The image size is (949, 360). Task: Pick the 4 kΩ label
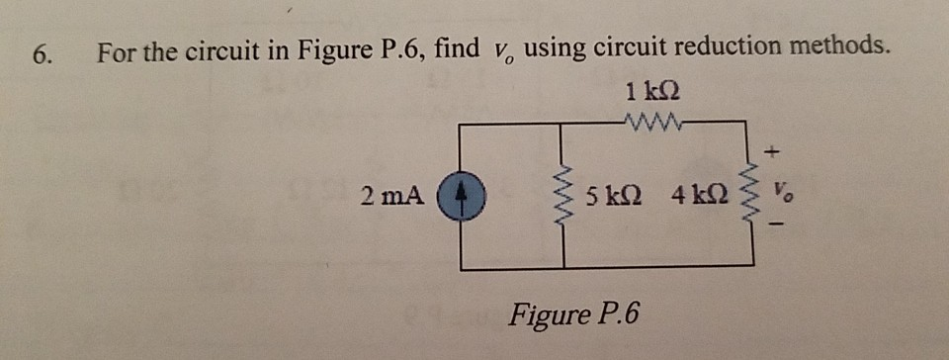point(701,194)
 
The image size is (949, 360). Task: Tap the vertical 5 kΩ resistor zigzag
point(564,194)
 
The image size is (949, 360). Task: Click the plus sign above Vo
point(775,153)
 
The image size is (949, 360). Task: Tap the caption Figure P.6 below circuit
point(573,315)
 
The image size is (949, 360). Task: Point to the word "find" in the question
point(456,46)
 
